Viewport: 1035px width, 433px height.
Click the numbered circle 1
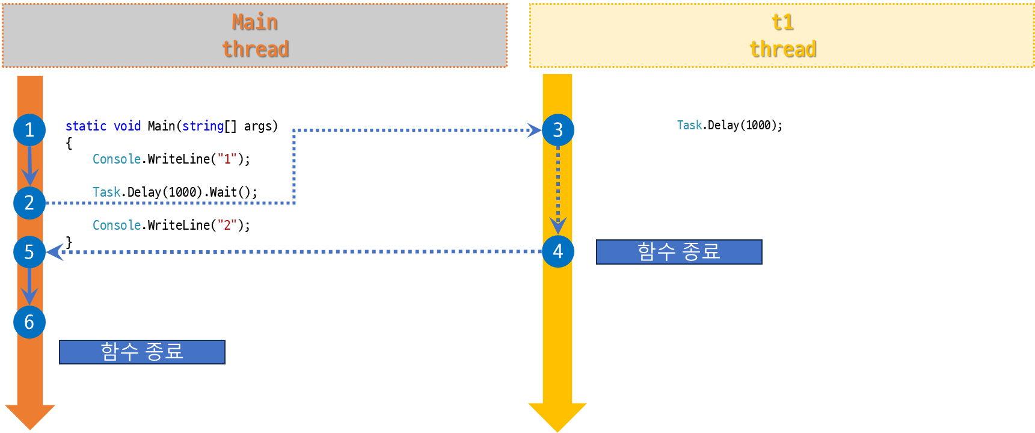(x=29, y=130)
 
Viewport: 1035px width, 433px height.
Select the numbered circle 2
(x=29, y=203)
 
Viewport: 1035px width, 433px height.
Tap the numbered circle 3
(x=557, y=130)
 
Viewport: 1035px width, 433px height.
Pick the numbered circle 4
(x=557, y=251)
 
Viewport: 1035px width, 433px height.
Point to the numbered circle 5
(x=29, y=252)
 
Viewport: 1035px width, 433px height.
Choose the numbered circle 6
(x=29, y=322)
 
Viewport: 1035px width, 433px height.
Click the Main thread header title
(x=255, y=35)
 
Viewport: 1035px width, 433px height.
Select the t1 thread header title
(x=782, y=35)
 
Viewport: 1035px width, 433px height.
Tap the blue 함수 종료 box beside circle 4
(x=679, y=252)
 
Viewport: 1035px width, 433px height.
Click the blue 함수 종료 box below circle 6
(x=142, y=352)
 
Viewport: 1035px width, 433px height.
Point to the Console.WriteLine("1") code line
(x=171, y=159)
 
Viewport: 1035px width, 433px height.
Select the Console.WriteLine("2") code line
(x=171, y=226)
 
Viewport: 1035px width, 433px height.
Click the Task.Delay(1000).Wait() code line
(x=175, y=192)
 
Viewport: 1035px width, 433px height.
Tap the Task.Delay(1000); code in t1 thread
(x=729, y=125)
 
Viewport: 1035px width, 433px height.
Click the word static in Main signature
(x=85, y=126)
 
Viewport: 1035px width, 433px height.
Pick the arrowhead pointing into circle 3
(x=534, y=130)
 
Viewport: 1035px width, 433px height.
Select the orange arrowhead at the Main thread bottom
(x=29, y=416)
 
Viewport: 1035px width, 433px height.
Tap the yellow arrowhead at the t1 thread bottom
(x=557, y=416)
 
